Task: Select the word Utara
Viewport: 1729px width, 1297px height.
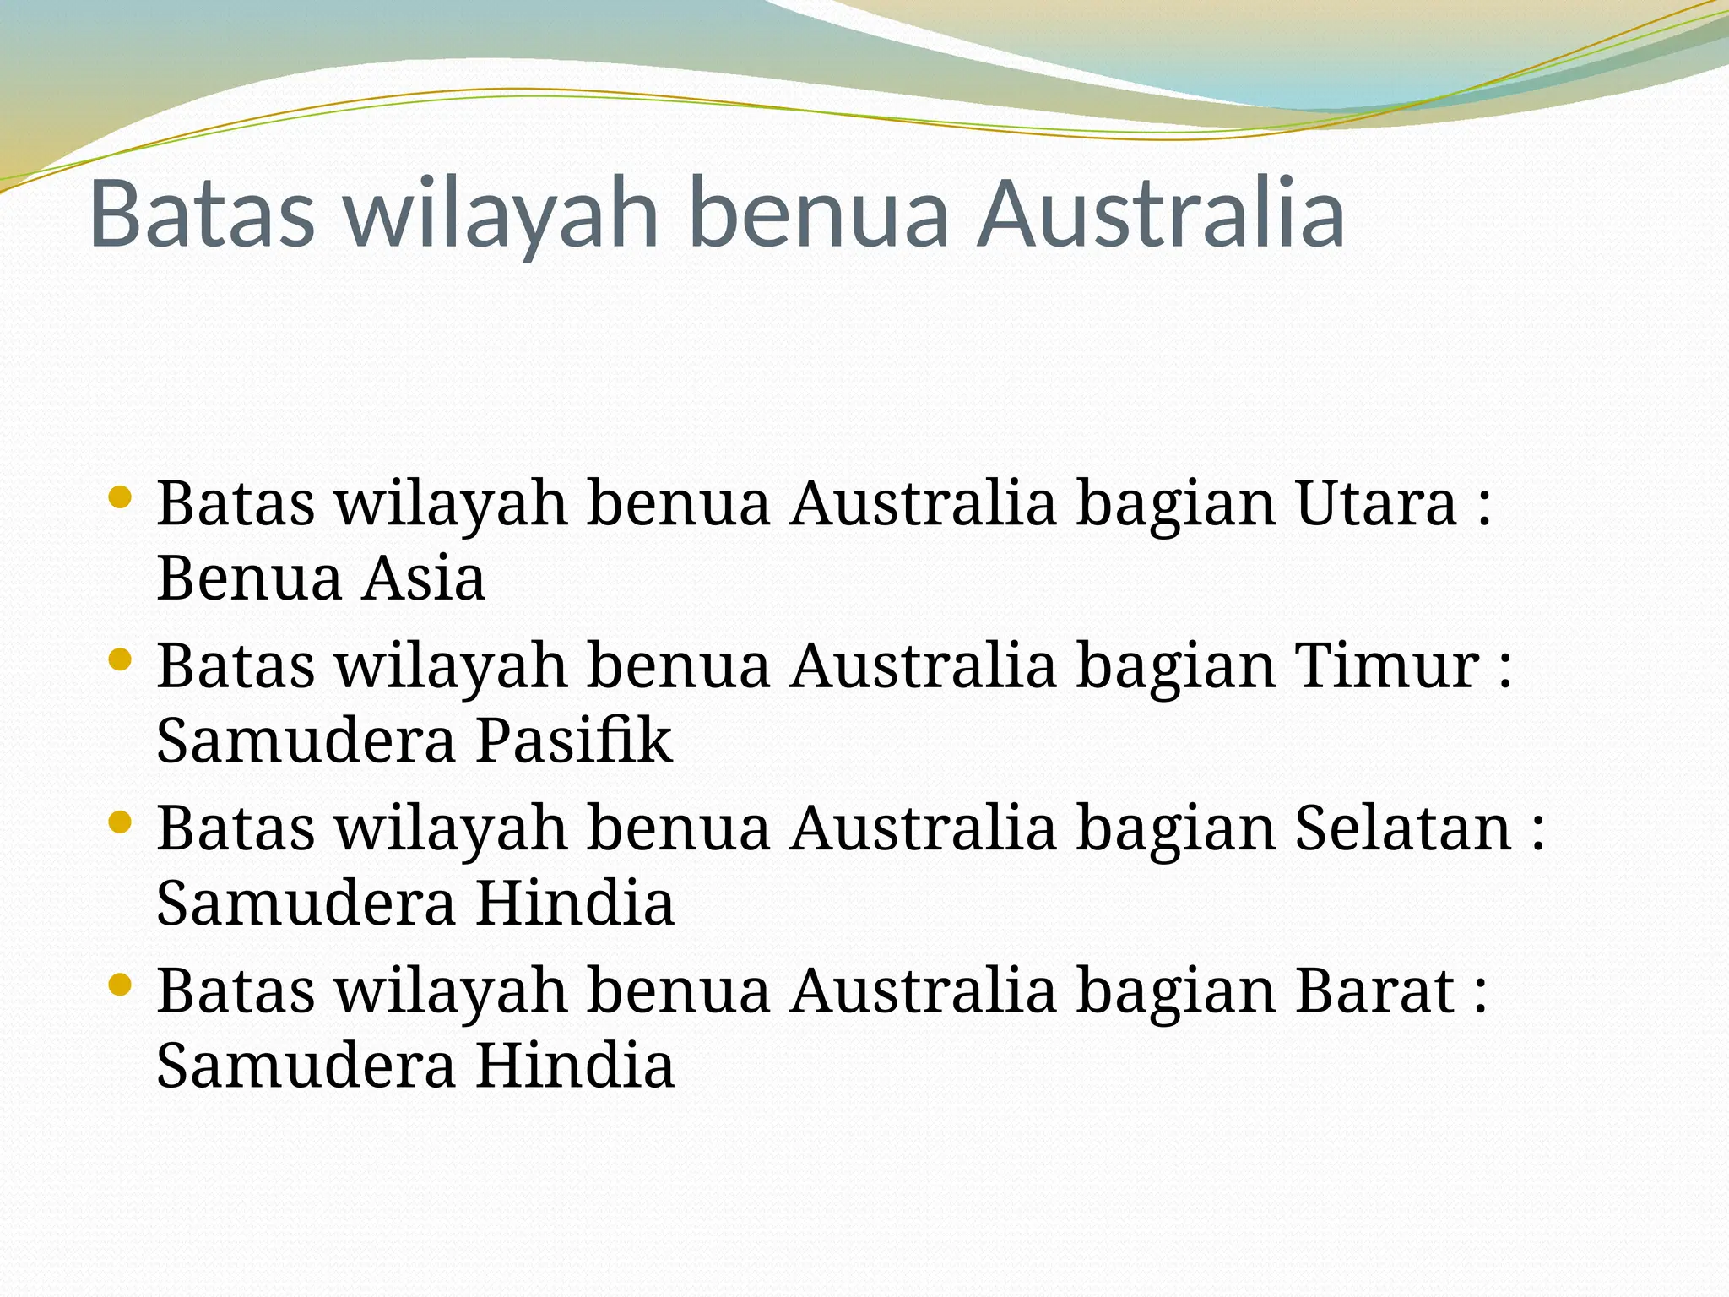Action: (1376, 504)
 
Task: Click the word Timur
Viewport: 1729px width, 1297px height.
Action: (1386, 666)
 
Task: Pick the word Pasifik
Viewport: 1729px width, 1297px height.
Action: (574, 741)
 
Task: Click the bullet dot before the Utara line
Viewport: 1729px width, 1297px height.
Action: (120, 497)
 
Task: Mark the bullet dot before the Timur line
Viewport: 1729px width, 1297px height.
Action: (120, 659)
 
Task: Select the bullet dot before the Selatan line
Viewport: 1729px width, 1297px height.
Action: (120, 822)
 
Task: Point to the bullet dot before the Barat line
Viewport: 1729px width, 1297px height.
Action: (120, 984)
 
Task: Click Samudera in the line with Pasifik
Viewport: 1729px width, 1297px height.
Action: (306, 741)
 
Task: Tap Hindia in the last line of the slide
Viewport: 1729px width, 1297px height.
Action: (574, 1066)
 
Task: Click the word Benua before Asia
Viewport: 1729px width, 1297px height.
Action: (249, 579)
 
